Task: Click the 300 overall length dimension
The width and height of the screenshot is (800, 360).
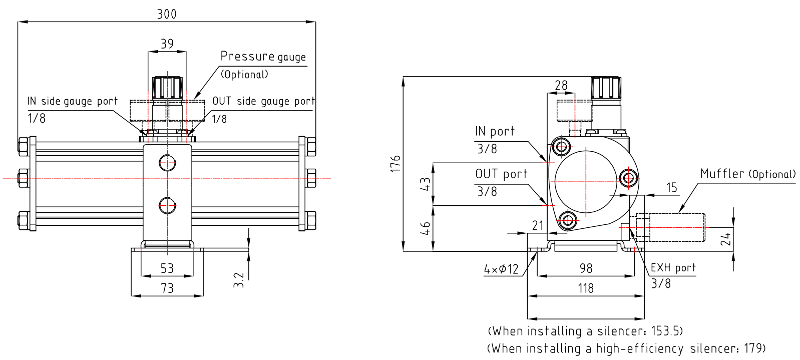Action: pyautogui.click(x=167, y=14)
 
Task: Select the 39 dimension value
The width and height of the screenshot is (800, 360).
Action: pyautogui.click(x=167, y=44)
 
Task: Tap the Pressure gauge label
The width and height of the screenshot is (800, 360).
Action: pyautogui.click(x=263, y=57)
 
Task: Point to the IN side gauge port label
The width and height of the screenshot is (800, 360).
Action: pyautogui.click(x=73, y=101)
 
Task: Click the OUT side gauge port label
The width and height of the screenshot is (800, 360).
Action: pyautogui.click(x=263, y=101)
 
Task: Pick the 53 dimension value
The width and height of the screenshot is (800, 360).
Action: pyautogui.click(x=167, y=268)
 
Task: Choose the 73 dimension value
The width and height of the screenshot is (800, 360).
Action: pyautogui.click(x=167, y=288)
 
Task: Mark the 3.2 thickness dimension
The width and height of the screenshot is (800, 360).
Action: pyautogui.click(x=239, y=279)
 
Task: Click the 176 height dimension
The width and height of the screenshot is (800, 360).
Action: pyautogui.click(x=395, y=164)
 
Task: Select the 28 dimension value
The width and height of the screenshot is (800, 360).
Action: pyautogui.click(x=561, y=85)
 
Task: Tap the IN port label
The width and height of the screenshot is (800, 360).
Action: pyautogui.click(x=495, y=132)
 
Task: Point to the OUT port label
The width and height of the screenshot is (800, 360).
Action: pyautogui.click(x=501, y=174)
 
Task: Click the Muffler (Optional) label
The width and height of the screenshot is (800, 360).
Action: pyautogui.click(x=747, y=174)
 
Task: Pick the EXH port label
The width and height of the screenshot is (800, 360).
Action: pyautogui.click(x=673, y=268)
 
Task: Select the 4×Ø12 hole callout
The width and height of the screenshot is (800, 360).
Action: pyautogui.click(x=501, y=269)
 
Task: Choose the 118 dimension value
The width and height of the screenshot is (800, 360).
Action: pyautogui.click(x=586, y=288)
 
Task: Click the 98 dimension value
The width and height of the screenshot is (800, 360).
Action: pyautogui.click(x=586, y=268)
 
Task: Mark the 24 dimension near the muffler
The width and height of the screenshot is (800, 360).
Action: pyautogui.click(x=725, y=239)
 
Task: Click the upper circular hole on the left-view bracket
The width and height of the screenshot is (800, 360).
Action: pyautogui.click(x=167, y=162)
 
